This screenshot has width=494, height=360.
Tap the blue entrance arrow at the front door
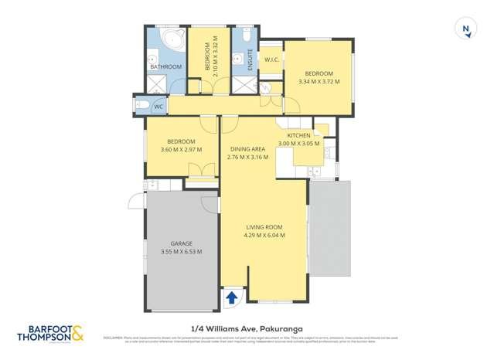(231, 297)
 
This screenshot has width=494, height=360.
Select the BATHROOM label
(165, 67)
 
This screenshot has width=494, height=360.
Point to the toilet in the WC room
(142, 106)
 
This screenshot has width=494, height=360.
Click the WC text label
(158, 107)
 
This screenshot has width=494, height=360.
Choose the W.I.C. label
(271, 59)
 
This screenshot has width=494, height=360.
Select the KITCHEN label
(298, 135)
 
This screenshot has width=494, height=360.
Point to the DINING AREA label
(247, 149)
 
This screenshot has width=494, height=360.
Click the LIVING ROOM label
(264, 227)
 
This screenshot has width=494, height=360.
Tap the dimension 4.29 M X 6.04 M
(264, 235)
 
